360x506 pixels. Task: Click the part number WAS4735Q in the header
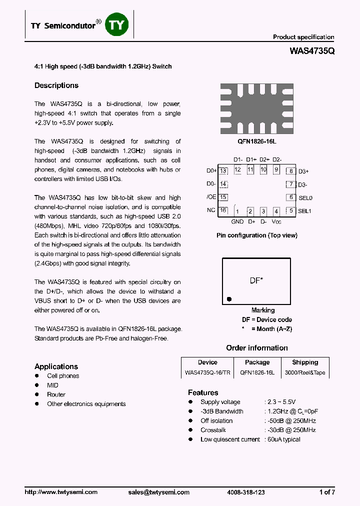pos(312,50)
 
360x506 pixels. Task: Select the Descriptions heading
pos(56,85)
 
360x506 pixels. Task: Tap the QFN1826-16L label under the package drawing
pos(257,141)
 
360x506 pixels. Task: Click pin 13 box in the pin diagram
pos(223,171)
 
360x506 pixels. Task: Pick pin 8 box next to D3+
pos(290,171)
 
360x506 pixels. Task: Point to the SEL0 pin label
pos(305,197)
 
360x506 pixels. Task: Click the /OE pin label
pos(211,197)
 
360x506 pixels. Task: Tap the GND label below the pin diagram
pos(237,221)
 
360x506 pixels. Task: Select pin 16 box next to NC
pos(223,210)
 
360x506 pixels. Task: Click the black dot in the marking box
pos(229,299)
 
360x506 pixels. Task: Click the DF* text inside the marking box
pos(256,281)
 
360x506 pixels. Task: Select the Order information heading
pos(257,348)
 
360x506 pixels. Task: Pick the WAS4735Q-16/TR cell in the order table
pos(207,372)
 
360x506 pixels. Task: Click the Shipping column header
pos(305,362)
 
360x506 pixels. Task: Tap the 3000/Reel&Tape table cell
pos(305,372)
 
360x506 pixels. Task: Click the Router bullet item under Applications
pos(56,394)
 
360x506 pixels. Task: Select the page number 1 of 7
pos(327,492)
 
